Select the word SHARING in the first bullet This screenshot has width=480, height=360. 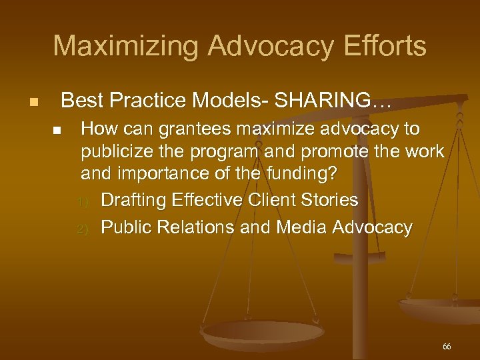[x=324, y=101]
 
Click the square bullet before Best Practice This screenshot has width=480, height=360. [x=34, y=103]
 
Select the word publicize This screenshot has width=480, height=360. [x=116, y=152]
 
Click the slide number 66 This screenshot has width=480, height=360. [x=446, y=347]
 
